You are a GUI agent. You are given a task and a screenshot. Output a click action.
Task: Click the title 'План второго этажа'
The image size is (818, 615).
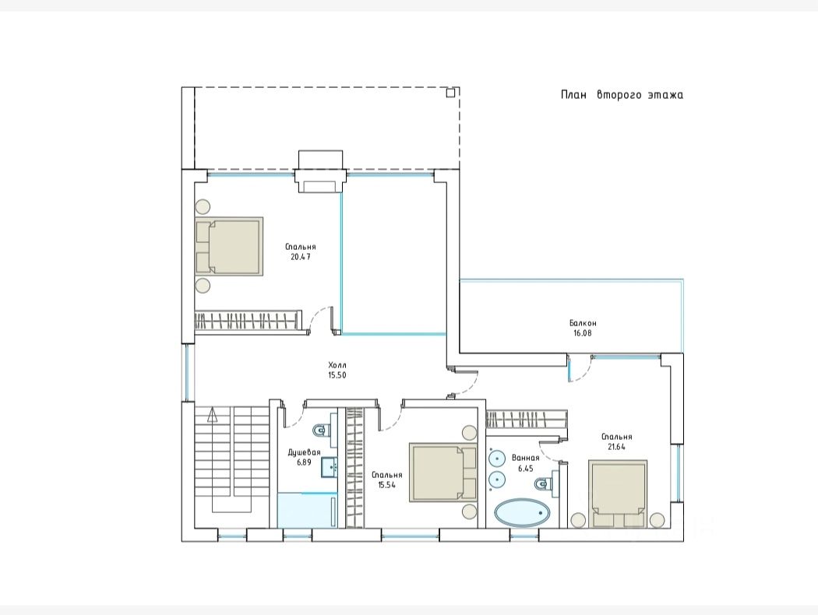622,95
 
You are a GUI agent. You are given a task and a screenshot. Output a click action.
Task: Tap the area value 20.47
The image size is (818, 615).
301,257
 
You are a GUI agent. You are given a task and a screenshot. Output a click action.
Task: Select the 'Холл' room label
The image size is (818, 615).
337,365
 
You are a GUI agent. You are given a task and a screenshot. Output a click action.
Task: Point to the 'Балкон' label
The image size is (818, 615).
583,323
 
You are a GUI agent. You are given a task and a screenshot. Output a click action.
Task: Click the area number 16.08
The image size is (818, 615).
583,333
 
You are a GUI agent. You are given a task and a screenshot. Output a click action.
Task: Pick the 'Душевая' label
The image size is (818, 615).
304,452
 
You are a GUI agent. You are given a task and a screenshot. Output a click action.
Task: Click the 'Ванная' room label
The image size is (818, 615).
525,458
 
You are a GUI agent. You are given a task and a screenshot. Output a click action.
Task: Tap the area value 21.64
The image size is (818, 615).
617,447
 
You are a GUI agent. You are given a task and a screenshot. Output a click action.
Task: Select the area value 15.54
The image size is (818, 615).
387,485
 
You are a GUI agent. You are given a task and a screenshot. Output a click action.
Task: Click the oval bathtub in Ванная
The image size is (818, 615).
522,514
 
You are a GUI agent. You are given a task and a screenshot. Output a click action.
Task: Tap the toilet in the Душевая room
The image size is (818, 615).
321,430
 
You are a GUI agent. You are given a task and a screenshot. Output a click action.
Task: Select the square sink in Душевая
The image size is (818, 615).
330,467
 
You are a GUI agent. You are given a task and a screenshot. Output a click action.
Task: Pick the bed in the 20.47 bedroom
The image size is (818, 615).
229,246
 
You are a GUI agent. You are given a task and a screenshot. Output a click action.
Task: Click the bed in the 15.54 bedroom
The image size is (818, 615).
443,473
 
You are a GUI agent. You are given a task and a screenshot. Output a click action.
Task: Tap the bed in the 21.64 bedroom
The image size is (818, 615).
619,494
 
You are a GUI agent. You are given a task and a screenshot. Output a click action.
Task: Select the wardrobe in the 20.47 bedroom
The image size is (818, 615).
249,320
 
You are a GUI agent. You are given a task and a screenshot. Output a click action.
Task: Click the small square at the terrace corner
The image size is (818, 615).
451,93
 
